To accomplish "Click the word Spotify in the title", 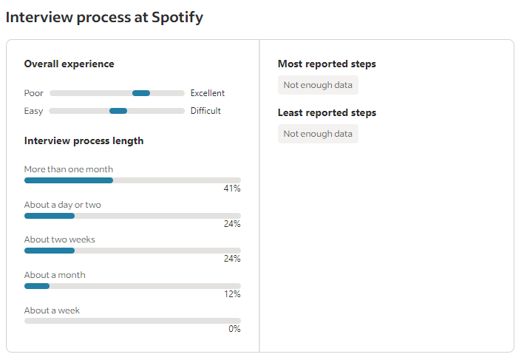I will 177,17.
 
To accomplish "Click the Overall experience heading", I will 69,64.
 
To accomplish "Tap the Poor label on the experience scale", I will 34,93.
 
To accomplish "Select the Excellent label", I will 207,93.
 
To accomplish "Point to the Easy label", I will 34,111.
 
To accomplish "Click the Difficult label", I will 205,111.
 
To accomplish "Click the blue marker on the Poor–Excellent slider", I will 141,93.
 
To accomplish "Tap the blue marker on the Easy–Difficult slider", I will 118,111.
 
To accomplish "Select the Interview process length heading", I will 84,140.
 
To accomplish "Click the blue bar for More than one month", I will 69,180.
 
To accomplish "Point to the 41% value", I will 232,189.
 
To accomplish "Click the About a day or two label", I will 62,205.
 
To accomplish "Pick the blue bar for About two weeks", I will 50,251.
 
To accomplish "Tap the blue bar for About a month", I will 37,286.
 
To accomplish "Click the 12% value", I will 232,294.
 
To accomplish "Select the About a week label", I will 52,310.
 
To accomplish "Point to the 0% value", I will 234,329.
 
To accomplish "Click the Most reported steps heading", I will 327,64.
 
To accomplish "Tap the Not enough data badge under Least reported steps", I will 318,134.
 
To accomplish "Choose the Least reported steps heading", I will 327,113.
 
